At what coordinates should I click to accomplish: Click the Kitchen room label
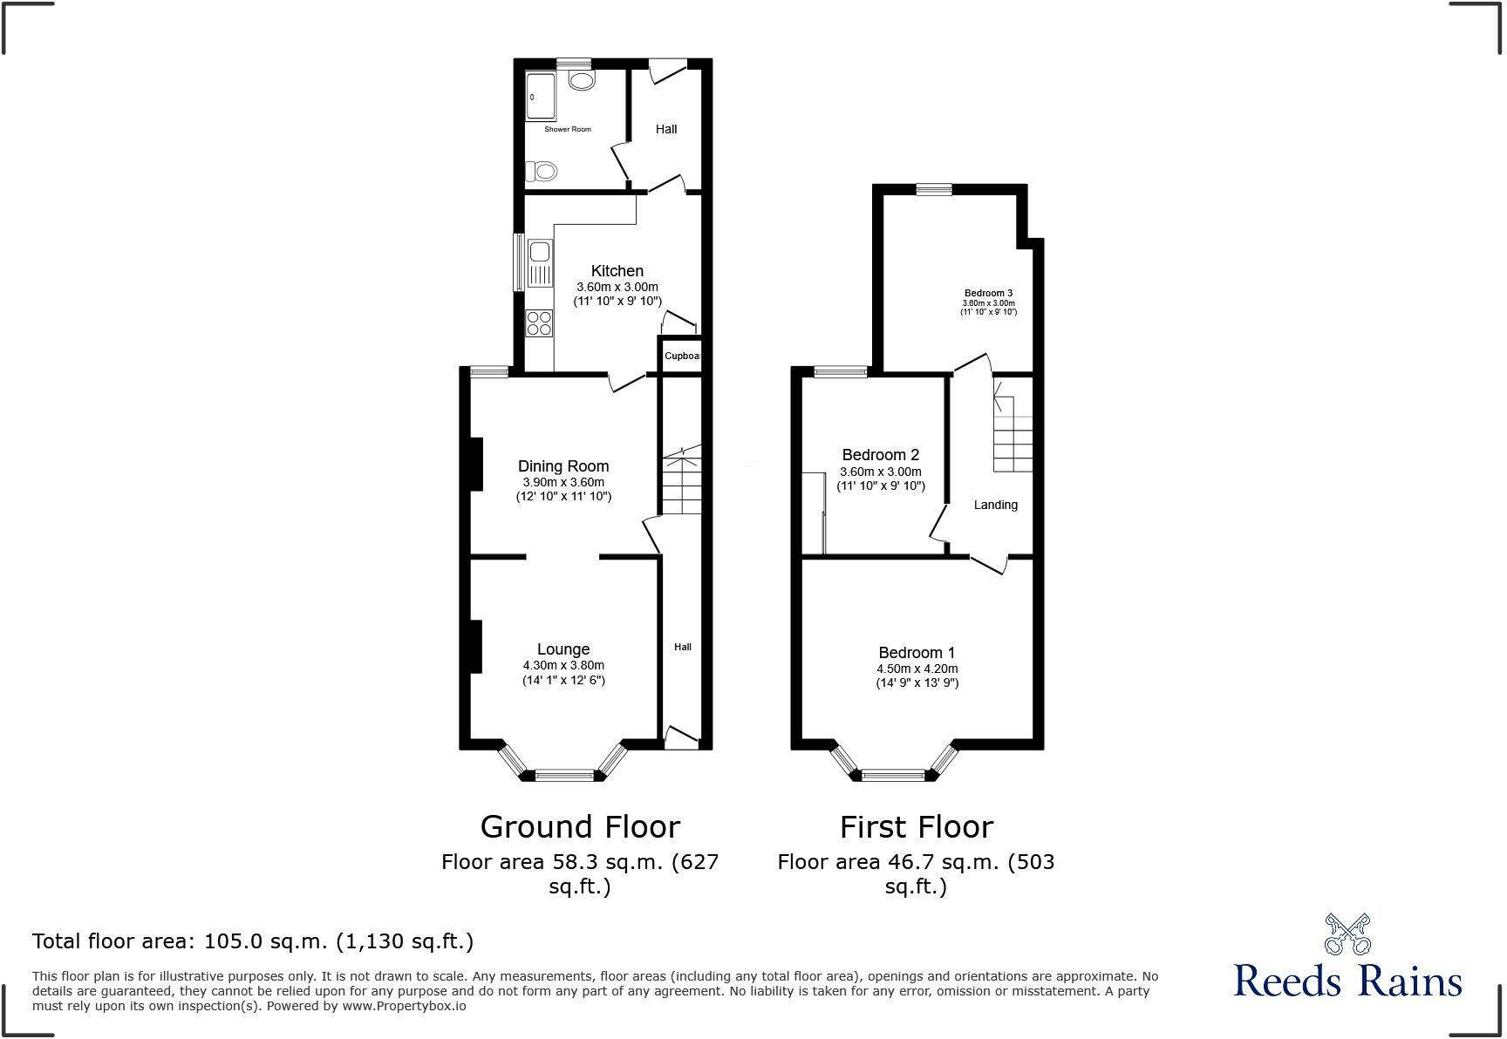click(617, 271)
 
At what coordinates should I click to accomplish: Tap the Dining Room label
click(563, 466)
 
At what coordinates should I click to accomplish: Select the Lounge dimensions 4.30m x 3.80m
click(563, 665)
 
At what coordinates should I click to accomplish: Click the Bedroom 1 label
click(917, 653)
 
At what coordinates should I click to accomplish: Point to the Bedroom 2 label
click(880, 455)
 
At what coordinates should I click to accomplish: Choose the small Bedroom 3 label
click(988, 293)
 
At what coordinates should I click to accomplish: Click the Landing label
click(995, 505)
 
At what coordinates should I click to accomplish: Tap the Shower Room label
click(568, 129)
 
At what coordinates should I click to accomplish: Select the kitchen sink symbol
click(539, 263)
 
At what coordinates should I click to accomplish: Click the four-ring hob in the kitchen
click(539, 323)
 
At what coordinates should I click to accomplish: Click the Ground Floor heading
click(580, 826)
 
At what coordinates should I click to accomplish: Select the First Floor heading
click(916, 826)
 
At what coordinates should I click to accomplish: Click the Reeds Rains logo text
click(1347, 981)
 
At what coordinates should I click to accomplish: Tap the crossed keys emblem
click(1347, 934)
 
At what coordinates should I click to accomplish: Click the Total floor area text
click(253, 941)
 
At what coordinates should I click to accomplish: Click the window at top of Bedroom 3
click(934, 188)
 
